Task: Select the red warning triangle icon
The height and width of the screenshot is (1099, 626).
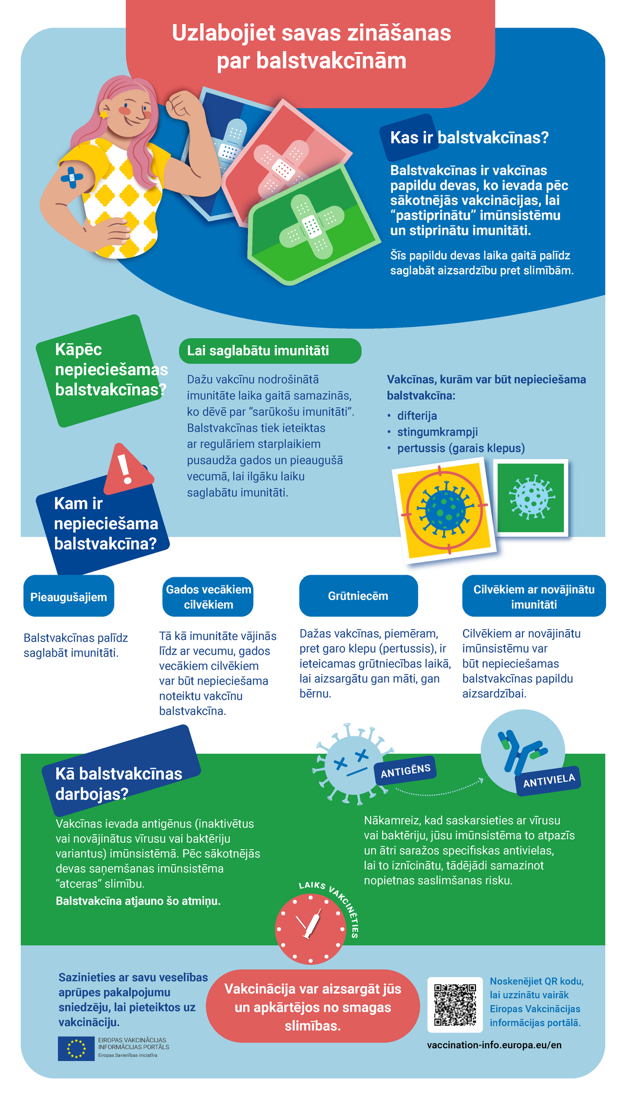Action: coord(127,469)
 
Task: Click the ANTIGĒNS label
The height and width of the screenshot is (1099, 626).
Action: coord(405,770)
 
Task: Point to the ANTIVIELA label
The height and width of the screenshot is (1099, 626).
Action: coord(548,780)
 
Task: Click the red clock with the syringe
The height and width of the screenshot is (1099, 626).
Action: coord(310,929)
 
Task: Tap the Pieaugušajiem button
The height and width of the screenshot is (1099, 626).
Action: coord(69,597)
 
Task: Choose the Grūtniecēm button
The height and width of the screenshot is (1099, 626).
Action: coord(358,596)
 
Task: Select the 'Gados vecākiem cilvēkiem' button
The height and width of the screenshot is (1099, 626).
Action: coord(208,597)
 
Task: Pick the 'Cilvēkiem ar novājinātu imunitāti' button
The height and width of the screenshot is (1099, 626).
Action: coord(534,597)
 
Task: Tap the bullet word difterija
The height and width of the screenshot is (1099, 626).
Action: coord(417,416)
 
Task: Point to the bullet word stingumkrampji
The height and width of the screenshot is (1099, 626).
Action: coord(437,432)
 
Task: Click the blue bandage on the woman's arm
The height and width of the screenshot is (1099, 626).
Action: coord(72,177)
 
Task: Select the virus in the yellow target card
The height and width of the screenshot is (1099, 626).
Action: coord(445,509)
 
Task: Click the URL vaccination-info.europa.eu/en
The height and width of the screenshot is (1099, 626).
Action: coord(494,1045)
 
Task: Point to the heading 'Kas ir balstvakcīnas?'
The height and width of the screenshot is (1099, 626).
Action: coord(469,138)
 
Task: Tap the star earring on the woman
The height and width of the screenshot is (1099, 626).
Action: coord(103,114)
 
